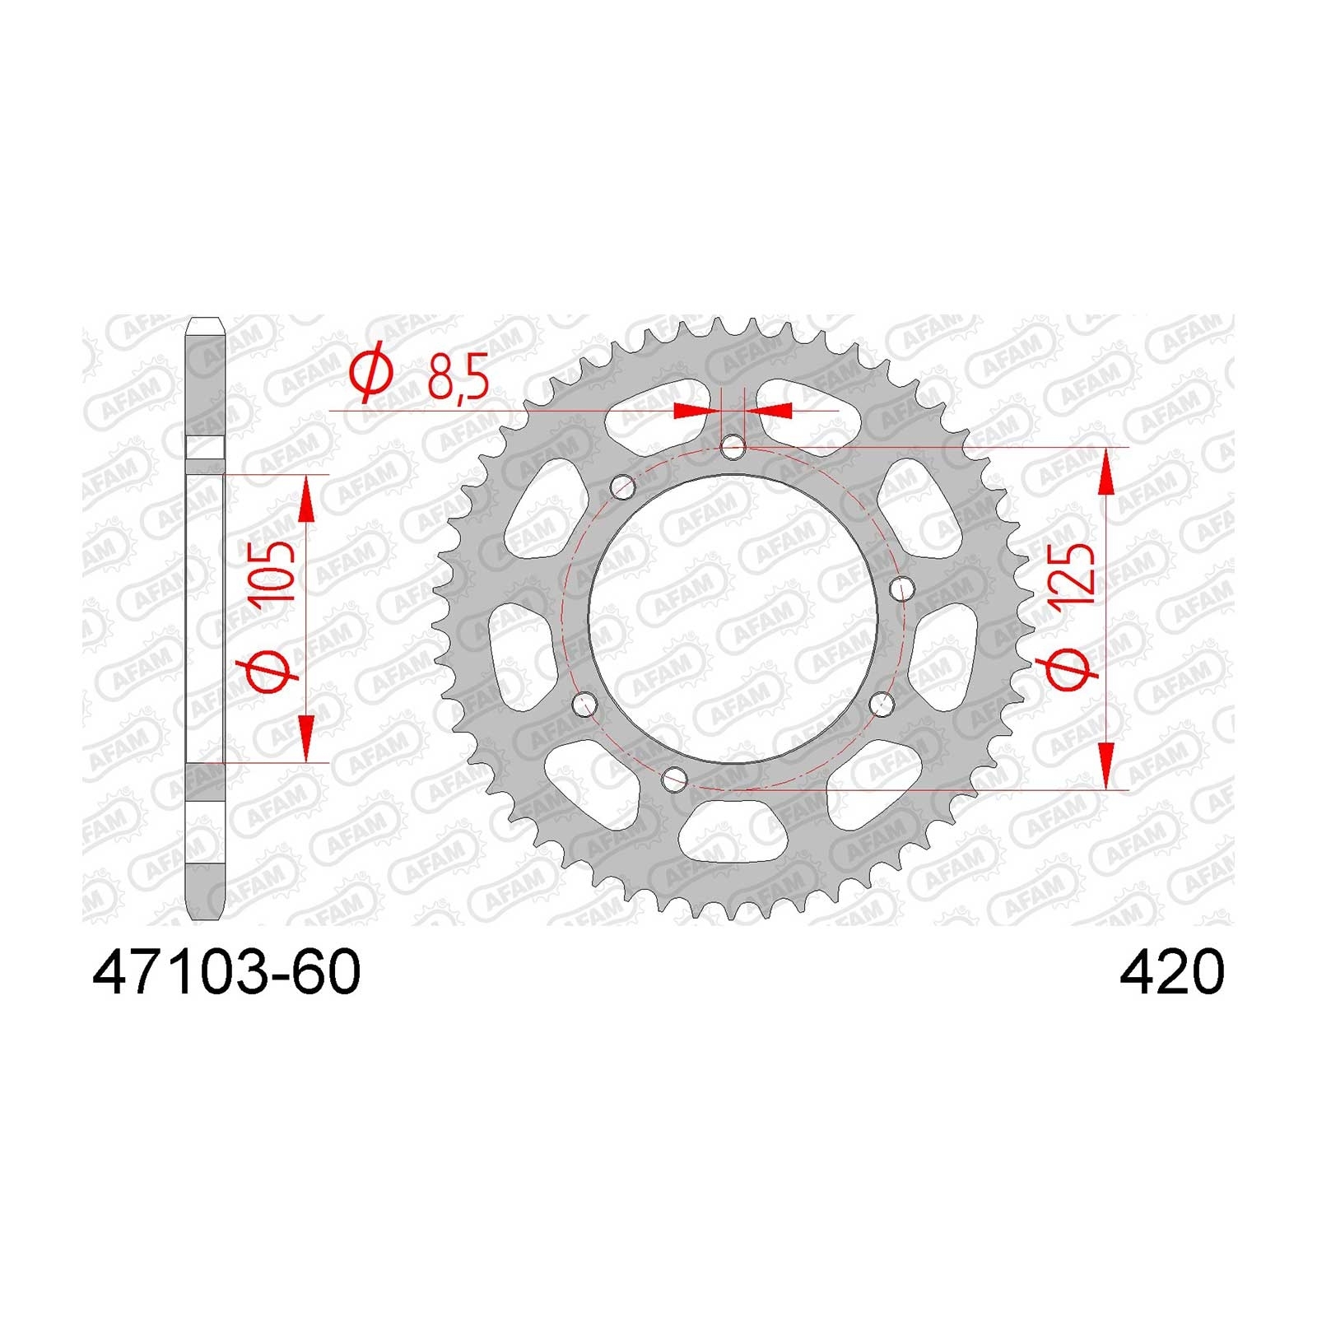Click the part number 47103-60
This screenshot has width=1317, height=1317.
(226, 973)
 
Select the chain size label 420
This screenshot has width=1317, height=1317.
(1171, 973)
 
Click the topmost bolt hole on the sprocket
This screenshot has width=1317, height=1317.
(733, 448)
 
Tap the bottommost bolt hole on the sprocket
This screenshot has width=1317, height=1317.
(675, 776)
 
